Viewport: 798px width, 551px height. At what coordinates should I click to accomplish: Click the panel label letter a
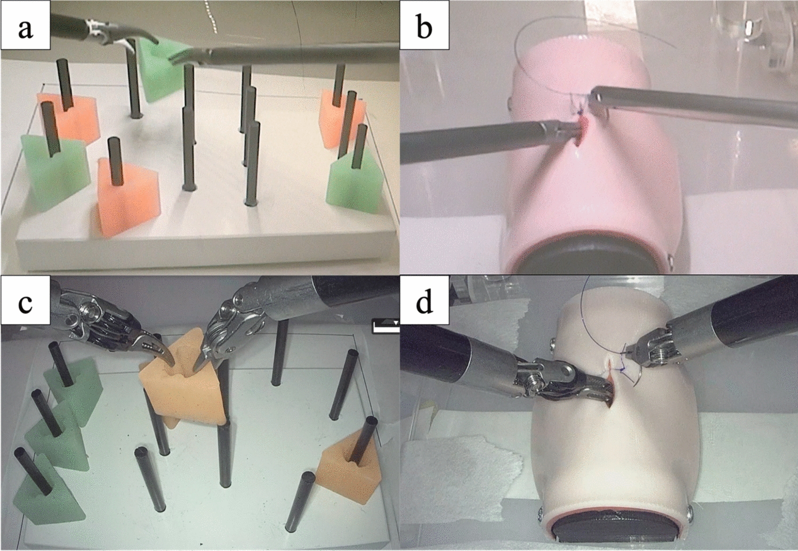click(25, 27)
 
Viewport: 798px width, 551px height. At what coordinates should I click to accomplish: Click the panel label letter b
click(424, 27)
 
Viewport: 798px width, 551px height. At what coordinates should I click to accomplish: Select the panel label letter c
click(25, 302)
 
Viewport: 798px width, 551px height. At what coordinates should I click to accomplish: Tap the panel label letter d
click(424, 302)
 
